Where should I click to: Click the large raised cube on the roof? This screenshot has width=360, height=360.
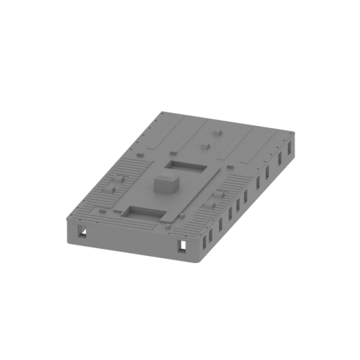(x=167, y=184)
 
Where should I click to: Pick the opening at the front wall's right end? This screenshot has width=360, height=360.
(x=182, y=245)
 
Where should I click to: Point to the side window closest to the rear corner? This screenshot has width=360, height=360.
(x=288, y=149)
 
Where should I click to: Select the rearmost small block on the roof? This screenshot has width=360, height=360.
(x=216, y=131)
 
